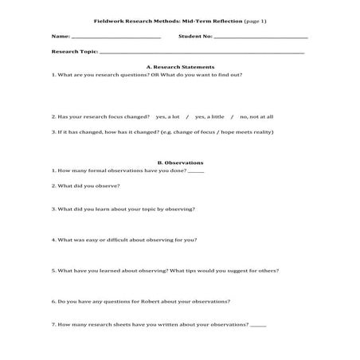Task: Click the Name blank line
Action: coord(115,37)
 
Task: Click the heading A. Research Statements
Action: coord(181,67)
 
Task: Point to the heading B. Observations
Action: coord(181,162)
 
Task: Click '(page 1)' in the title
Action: coord(256,21)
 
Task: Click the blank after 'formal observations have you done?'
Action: coord(196,172)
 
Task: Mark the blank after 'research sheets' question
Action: coord(257,325)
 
